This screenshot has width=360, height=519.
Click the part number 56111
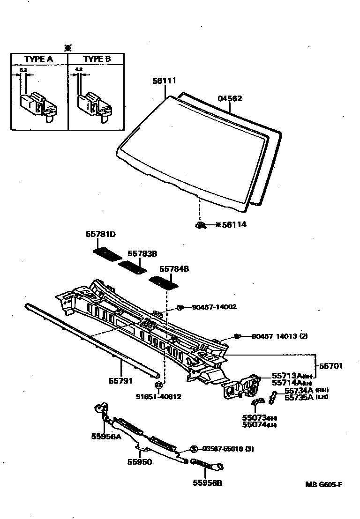[164, 81]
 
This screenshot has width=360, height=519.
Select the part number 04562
[230, 98]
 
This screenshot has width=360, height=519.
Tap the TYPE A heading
[38, 59]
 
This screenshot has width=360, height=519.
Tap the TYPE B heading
[97, 59]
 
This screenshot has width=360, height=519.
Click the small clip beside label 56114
[201, 225]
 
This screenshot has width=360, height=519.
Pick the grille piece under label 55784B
[164, 282]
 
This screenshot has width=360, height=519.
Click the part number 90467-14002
[214, 307]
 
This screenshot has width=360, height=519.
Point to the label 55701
[331, 366]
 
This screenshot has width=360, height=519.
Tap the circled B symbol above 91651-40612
[158, 385]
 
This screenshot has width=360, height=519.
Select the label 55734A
[299, 390]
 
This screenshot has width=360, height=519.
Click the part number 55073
[254, 417]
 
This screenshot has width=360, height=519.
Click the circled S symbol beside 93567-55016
[193, 449]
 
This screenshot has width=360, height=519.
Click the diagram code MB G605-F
[323, 484]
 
